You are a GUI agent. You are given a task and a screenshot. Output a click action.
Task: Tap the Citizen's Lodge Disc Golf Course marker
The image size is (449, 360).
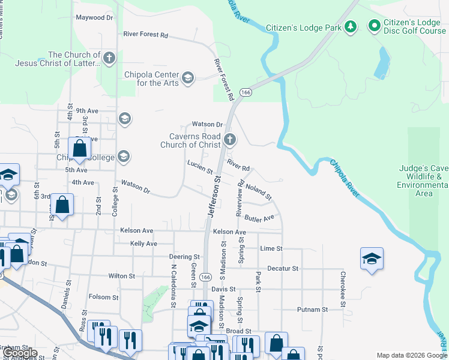pos(375,26)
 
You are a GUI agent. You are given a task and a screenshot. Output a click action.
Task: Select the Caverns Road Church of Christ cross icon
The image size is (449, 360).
pos(229,140)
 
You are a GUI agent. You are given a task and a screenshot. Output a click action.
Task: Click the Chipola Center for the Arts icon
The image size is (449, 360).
pos(188,78)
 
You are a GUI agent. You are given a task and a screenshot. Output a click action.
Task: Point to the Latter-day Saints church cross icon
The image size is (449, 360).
pos(109,58)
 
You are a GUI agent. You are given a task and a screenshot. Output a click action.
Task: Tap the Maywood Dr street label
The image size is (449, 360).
pos(94,17)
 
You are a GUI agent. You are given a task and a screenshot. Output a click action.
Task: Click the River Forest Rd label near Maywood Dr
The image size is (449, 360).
pos(145,34)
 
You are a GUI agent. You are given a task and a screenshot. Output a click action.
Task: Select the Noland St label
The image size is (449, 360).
pos(259,192)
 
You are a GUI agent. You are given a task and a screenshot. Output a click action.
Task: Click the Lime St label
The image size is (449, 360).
pos(271,248)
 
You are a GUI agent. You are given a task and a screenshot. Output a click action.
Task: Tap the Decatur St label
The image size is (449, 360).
pos(283,268)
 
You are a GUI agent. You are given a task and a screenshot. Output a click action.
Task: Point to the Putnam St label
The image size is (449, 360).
pos(312,310)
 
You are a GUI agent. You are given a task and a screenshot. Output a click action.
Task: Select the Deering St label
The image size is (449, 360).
pos(184,256)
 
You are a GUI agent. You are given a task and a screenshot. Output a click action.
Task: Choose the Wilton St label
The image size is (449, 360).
pos(122,276)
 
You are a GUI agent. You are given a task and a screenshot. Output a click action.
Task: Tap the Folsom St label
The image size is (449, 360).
pos(103,297)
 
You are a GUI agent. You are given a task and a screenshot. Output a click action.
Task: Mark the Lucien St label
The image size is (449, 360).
pos(200,167)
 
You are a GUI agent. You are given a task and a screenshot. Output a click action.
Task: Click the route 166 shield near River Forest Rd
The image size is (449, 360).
pos(246,92)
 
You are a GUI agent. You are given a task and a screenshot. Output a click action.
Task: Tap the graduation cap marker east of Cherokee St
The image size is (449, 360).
pos(372,259)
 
